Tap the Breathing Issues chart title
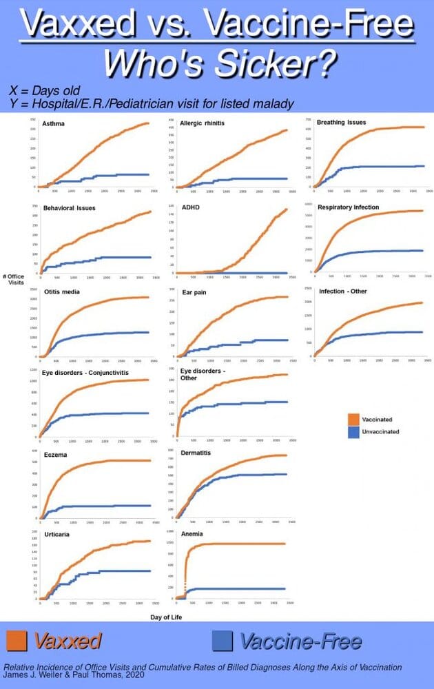[341, 123]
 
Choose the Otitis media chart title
[62, 292]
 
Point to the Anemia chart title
[191, 534]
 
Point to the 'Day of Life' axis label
[166, 617]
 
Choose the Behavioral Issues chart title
[69, 207]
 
